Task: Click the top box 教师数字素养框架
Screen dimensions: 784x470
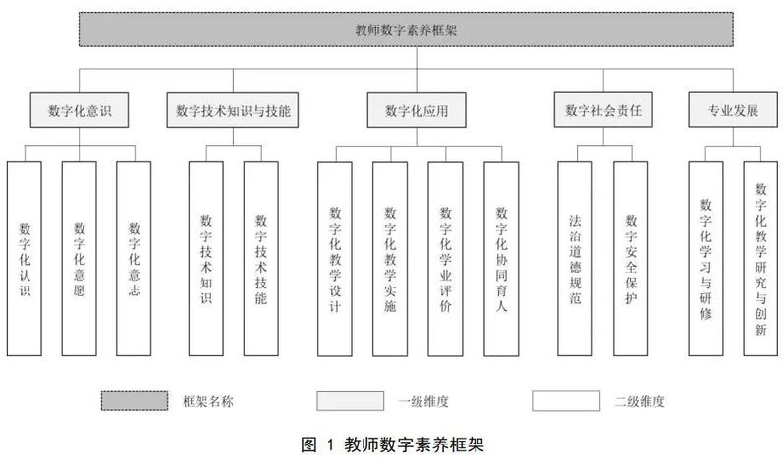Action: tap(406, 29)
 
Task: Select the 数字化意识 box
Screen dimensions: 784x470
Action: tap(80, 110)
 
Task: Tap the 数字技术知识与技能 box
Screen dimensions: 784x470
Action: tap(233, 110)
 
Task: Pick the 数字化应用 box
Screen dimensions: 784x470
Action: tap(417, 110)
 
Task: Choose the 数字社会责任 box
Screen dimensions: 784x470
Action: tap(603, 110)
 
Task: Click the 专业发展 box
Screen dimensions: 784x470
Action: tap(733, 110)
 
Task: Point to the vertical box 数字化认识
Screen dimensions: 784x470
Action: tap(25, 258)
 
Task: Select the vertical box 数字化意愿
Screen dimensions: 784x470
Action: tap(79, 258)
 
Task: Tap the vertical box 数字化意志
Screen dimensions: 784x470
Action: tap(134, 258)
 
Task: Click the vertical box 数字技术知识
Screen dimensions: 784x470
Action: tap(206, 258)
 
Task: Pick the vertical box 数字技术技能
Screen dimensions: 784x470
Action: tap(261, 258)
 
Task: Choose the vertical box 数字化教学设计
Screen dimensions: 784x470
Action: tap(335, 259)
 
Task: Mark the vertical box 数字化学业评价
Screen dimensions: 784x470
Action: tap(445, 259)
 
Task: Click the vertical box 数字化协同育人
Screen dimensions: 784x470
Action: tap(501, 259)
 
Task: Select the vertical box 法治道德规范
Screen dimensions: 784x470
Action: tap(575, 258)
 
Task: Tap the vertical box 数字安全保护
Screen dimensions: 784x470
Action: tap(631, 258)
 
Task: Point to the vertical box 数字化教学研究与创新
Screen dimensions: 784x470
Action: tap(760, 258)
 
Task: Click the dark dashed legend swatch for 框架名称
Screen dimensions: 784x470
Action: tap(135, 400)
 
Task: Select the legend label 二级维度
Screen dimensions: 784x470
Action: tap(640, 401)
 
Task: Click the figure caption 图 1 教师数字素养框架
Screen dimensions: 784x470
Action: tap(393, 444)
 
